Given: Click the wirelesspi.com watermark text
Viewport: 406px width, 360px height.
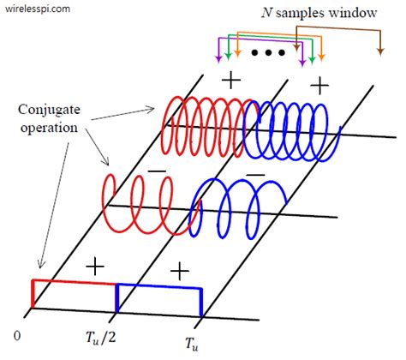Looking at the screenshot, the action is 38,9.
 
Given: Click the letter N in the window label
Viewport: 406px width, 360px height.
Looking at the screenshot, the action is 266,13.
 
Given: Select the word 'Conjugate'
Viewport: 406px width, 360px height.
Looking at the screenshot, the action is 49,111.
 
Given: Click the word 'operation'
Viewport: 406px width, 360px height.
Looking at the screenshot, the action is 49,128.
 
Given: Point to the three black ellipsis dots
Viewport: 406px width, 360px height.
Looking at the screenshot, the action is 268,52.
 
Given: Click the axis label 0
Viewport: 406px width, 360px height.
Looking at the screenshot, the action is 17,336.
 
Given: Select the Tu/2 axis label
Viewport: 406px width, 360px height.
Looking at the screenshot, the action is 101,339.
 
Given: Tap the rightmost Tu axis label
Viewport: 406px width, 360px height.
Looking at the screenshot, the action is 192,343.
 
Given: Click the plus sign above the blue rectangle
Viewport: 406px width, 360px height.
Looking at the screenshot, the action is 180,271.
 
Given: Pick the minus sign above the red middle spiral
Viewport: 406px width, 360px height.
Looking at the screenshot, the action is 157,171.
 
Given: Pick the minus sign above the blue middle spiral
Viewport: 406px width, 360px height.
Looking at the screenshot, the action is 255,175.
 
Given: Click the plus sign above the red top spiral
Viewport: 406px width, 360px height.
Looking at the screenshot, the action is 231,81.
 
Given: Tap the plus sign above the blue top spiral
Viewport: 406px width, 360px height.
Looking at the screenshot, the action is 319,85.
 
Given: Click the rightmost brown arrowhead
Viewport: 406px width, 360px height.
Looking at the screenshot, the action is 380,51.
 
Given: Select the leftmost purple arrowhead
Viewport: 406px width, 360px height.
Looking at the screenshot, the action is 218,59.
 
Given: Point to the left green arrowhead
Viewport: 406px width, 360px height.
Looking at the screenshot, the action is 228,57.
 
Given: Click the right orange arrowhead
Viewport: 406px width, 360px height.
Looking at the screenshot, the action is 321,57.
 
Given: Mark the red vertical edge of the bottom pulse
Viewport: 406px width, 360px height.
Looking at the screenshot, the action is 33,293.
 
